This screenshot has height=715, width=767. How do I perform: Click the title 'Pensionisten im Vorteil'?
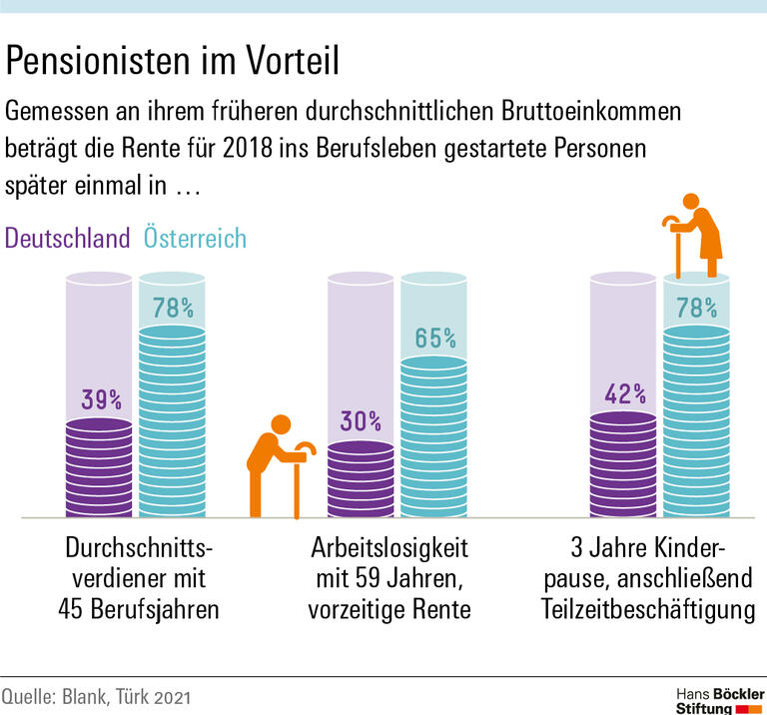[x=173, y=62]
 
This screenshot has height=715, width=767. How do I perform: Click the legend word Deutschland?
[x=68, y=239]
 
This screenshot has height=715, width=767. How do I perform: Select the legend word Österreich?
[x=195, y=239]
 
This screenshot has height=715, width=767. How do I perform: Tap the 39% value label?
[x=101, y=400]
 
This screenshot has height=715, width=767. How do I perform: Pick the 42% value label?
[x=625, y=392]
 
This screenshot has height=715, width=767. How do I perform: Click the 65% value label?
[x=435, y=339]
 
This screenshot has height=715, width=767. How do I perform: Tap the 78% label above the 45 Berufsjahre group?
[x=173, y=307]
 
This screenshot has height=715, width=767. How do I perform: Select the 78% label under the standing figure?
[x=698, y=307]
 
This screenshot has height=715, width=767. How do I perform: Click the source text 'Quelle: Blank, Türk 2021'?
[x=96, y=695]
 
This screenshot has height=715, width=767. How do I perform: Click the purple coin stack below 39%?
[x=101, y=467]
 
